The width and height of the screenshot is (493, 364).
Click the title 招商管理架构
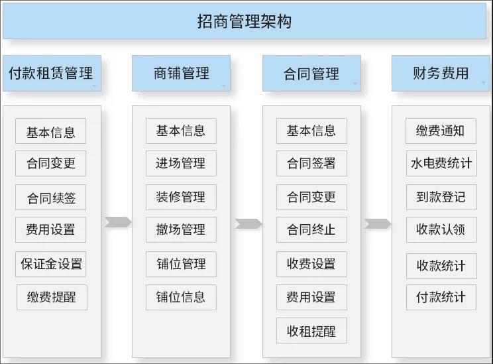point(245,21)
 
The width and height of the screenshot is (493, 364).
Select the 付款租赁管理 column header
point(52,74)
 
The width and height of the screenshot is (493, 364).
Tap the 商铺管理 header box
point(181,74)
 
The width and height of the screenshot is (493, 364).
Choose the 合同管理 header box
point(311,74)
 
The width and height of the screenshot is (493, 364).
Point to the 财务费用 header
point(441,74)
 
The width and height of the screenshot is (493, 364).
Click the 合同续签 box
point(50,198)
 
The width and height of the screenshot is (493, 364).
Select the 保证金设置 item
point(50,264)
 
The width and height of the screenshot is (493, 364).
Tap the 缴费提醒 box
point(52,297)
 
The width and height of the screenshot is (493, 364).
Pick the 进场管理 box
point(181,163)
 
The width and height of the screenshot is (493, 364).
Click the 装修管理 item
point(181,198)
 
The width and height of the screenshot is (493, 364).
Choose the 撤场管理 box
point(181,229)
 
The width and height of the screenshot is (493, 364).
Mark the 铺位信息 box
point(181,297)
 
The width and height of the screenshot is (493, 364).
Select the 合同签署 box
point(311,163)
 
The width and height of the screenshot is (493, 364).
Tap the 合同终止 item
point(311,229)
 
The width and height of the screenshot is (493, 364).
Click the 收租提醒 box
point(311,330)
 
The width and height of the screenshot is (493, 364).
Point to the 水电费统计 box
point(441,163)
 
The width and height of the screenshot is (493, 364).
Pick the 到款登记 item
point(441,198)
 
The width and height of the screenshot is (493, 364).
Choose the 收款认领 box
point(441,229)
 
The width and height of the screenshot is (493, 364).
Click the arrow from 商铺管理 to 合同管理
point(248,223)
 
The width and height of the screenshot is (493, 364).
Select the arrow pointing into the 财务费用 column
point(378,223)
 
